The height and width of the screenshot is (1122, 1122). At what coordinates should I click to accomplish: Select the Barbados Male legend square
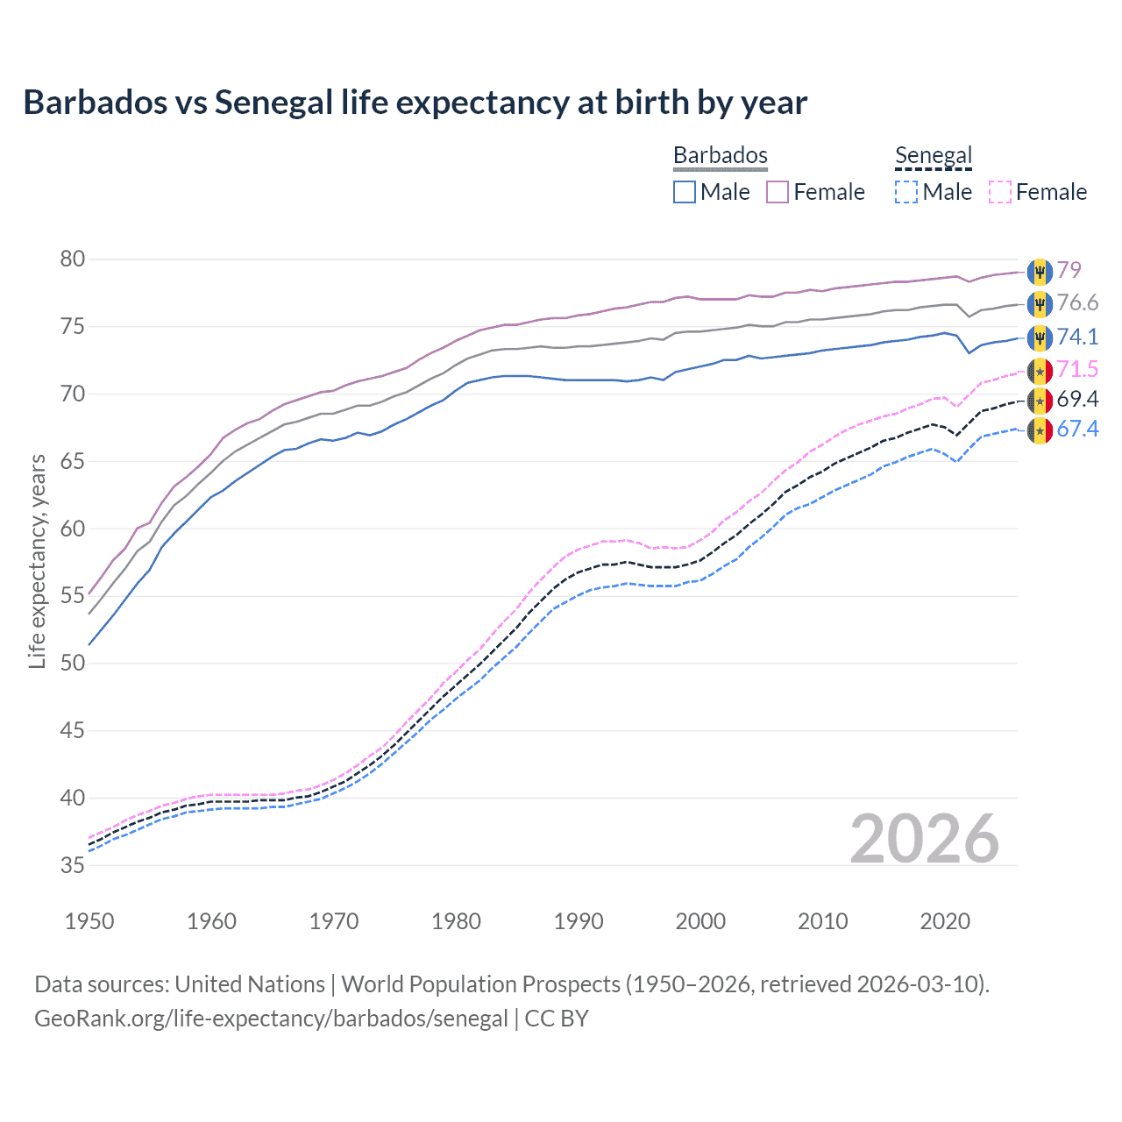(x=685, y=192)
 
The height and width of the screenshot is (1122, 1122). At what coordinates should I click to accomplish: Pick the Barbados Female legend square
(x=778, y=192)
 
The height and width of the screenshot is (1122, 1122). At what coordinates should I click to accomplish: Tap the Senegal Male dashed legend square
(x=906, y=192)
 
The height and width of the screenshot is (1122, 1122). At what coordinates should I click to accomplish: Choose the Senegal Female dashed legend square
(x=999, y=192)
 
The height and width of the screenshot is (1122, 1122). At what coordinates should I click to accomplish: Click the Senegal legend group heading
(x=934, y=156)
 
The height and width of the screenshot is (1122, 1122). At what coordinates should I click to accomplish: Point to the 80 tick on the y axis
(x=73, y=259)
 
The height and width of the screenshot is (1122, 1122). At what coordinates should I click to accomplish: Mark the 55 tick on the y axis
(x=73, y=596)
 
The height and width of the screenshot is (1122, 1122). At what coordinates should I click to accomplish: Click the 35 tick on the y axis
(x=73, y=865)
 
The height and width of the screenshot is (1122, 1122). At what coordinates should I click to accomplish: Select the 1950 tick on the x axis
(x=89, y=921)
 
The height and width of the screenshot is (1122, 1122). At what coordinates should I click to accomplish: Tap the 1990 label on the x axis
(x=579, y=921)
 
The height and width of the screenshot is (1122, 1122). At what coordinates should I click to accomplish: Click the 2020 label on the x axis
(x=945, y=921)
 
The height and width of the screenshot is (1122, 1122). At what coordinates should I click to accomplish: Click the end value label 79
(x=1069, y=270)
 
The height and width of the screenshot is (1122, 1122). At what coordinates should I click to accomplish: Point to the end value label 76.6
(x=1077, y=303)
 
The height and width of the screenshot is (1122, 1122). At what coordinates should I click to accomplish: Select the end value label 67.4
(x=1077, y=430)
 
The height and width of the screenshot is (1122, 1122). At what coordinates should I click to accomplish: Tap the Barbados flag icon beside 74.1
(x=1040, y=337)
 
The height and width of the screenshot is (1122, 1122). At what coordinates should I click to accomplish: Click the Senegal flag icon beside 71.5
(x=1040, y=371)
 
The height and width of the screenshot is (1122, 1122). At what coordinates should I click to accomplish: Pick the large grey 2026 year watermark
(x=924, y=839)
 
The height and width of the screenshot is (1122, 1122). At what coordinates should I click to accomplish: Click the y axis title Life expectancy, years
(x=37, y=561)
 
